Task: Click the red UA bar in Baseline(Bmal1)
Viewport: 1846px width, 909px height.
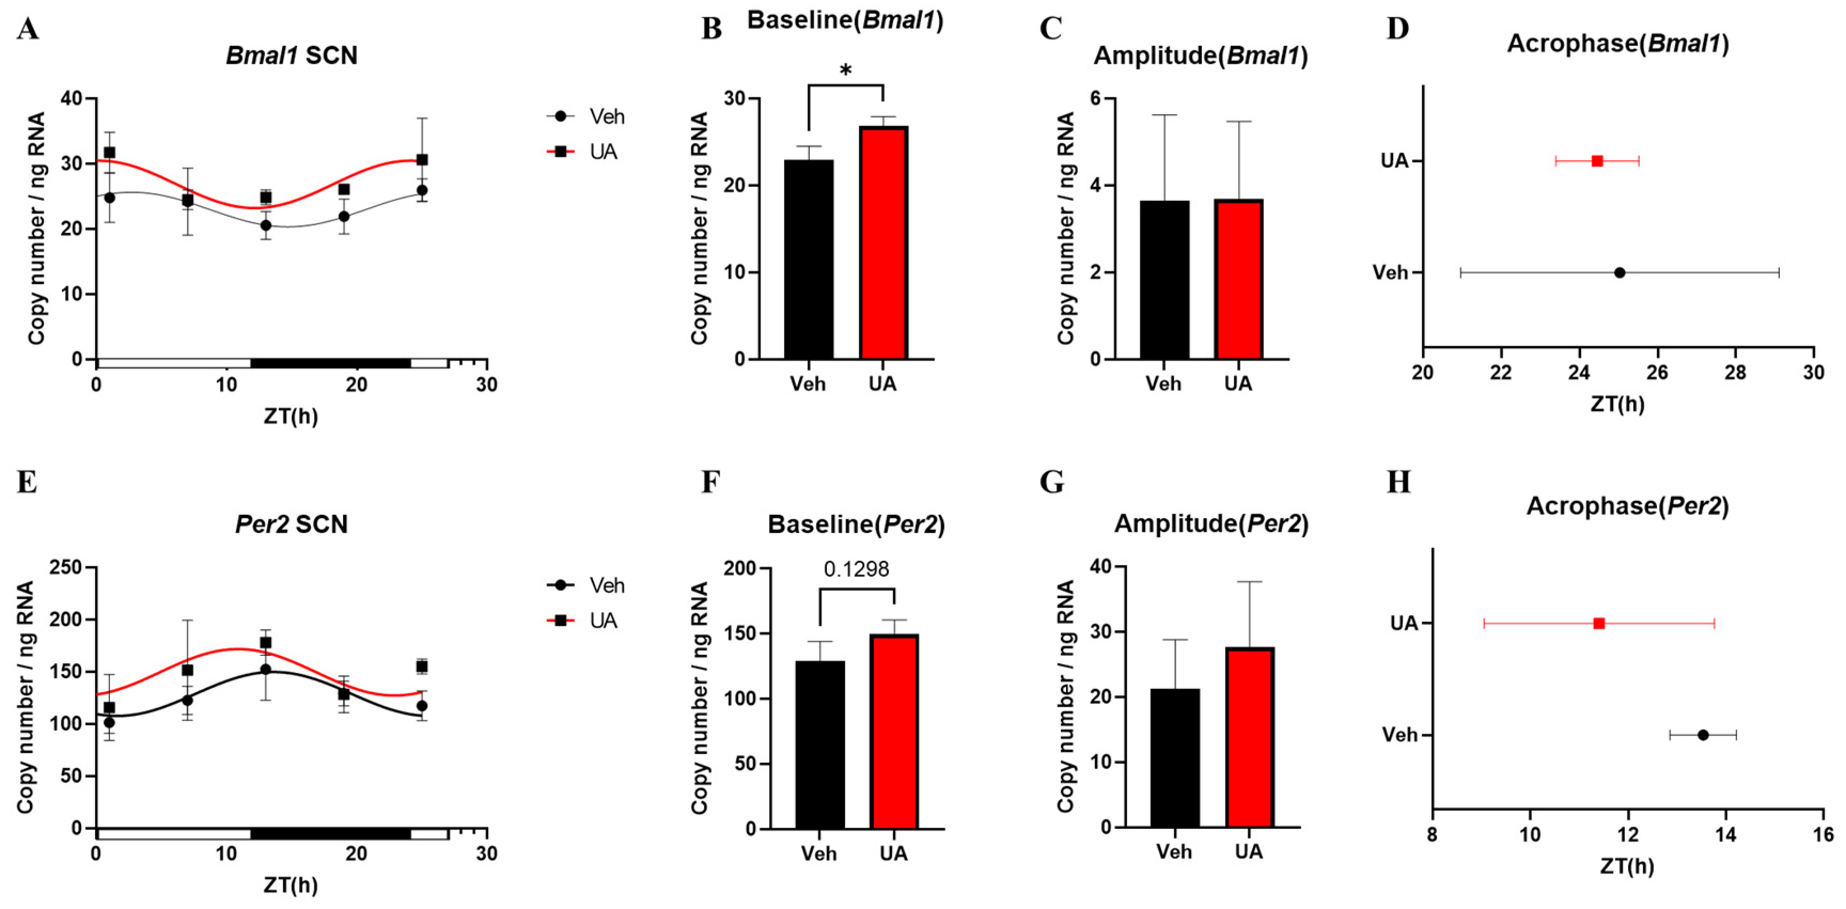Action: click(883, 244)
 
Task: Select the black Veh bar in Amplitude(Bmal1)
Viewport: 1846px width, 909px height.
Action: click(1164, 279)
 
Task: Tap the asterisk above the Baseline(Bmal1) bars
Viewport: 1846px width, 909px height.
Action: click(846, 70)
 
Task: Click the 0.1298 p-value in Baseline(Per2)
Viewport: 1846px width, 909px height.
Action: click(856, 569)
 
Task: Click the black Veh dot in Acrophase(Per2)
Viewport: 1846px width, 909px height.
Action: click(1703, 735)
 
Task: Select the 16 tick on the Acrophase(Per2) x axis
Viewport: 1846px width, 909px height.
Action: click(1823, 835)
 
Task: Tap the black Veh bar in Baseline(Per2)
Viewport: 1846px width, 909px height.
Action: click(820, 745)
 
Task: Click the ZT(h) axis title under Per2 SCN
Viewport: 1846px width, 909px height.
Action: click(290, 886)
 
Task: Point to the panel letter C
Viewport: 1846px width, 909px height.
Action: click(1051, 29)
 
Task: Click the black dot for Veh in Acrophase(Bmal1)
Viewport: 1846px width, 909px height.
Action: click(1620, 273)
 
